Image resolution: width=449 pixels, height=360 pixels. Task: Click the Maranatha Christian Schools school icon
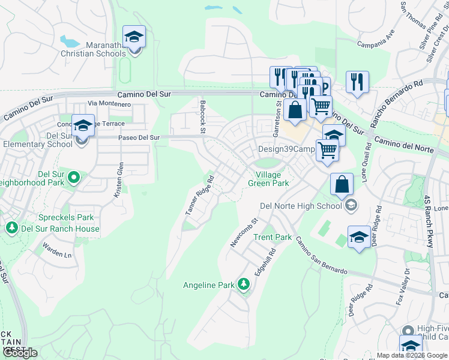coord(134,38)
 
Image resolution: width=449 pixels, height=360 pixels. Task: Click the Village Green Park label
coord(268,179)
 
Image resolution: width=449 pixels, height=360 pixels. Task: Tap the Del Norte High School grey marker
coord(351,206)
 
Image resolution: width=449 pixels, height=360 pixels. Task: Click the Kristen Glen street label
coord(119,180)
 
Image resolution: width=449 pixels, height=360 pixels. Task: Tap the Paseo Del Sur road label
coord(139,137)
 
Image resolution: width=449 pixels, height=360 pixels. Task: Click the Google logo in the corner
coord(20,353)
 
